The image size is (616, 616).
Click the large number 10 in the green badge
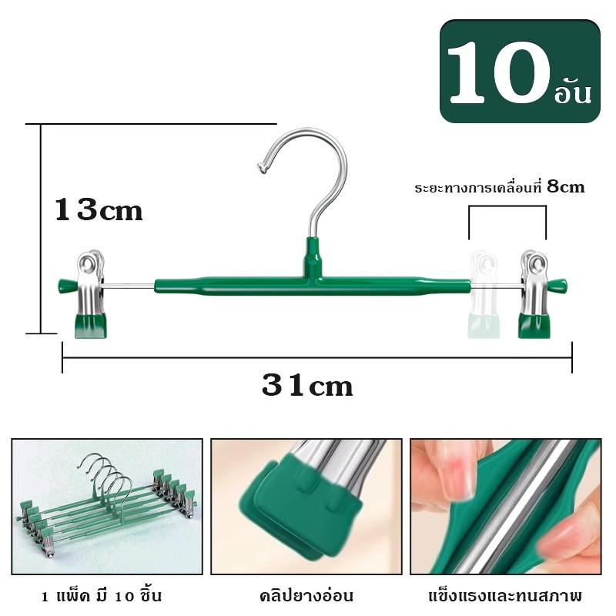(499, 72)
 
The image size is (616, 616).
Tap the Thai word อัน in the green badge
(573, 92)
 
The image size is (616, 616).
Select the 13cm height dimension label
(99, 209)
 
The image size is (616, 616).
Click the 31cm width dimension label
(307, 385)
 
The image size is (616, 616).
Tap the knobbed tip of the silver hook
(263, 168)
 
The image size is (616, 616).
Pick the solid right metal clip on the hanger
(534, 293)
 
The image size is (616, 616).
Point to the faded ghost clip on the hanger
(484, 296)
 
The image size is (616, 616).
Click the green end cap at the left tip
(67, 285)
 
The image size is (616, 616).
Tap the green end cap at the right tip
(557, 285)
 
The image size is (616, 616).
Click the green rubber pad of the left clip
(91, 325)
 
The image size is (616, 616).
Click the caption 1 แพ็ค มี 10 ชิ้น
(102, 595)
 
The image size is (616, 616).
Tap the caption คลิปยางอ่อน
(306, 595)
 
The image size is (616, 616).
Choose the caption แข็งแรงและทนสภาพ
(505, 595)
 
